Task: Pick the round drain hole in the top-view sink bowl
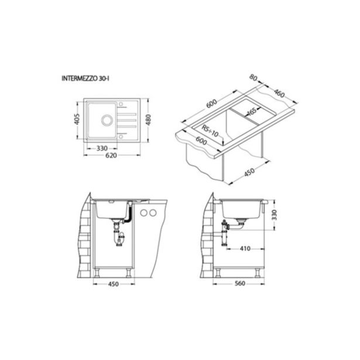tap(108, 121)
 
